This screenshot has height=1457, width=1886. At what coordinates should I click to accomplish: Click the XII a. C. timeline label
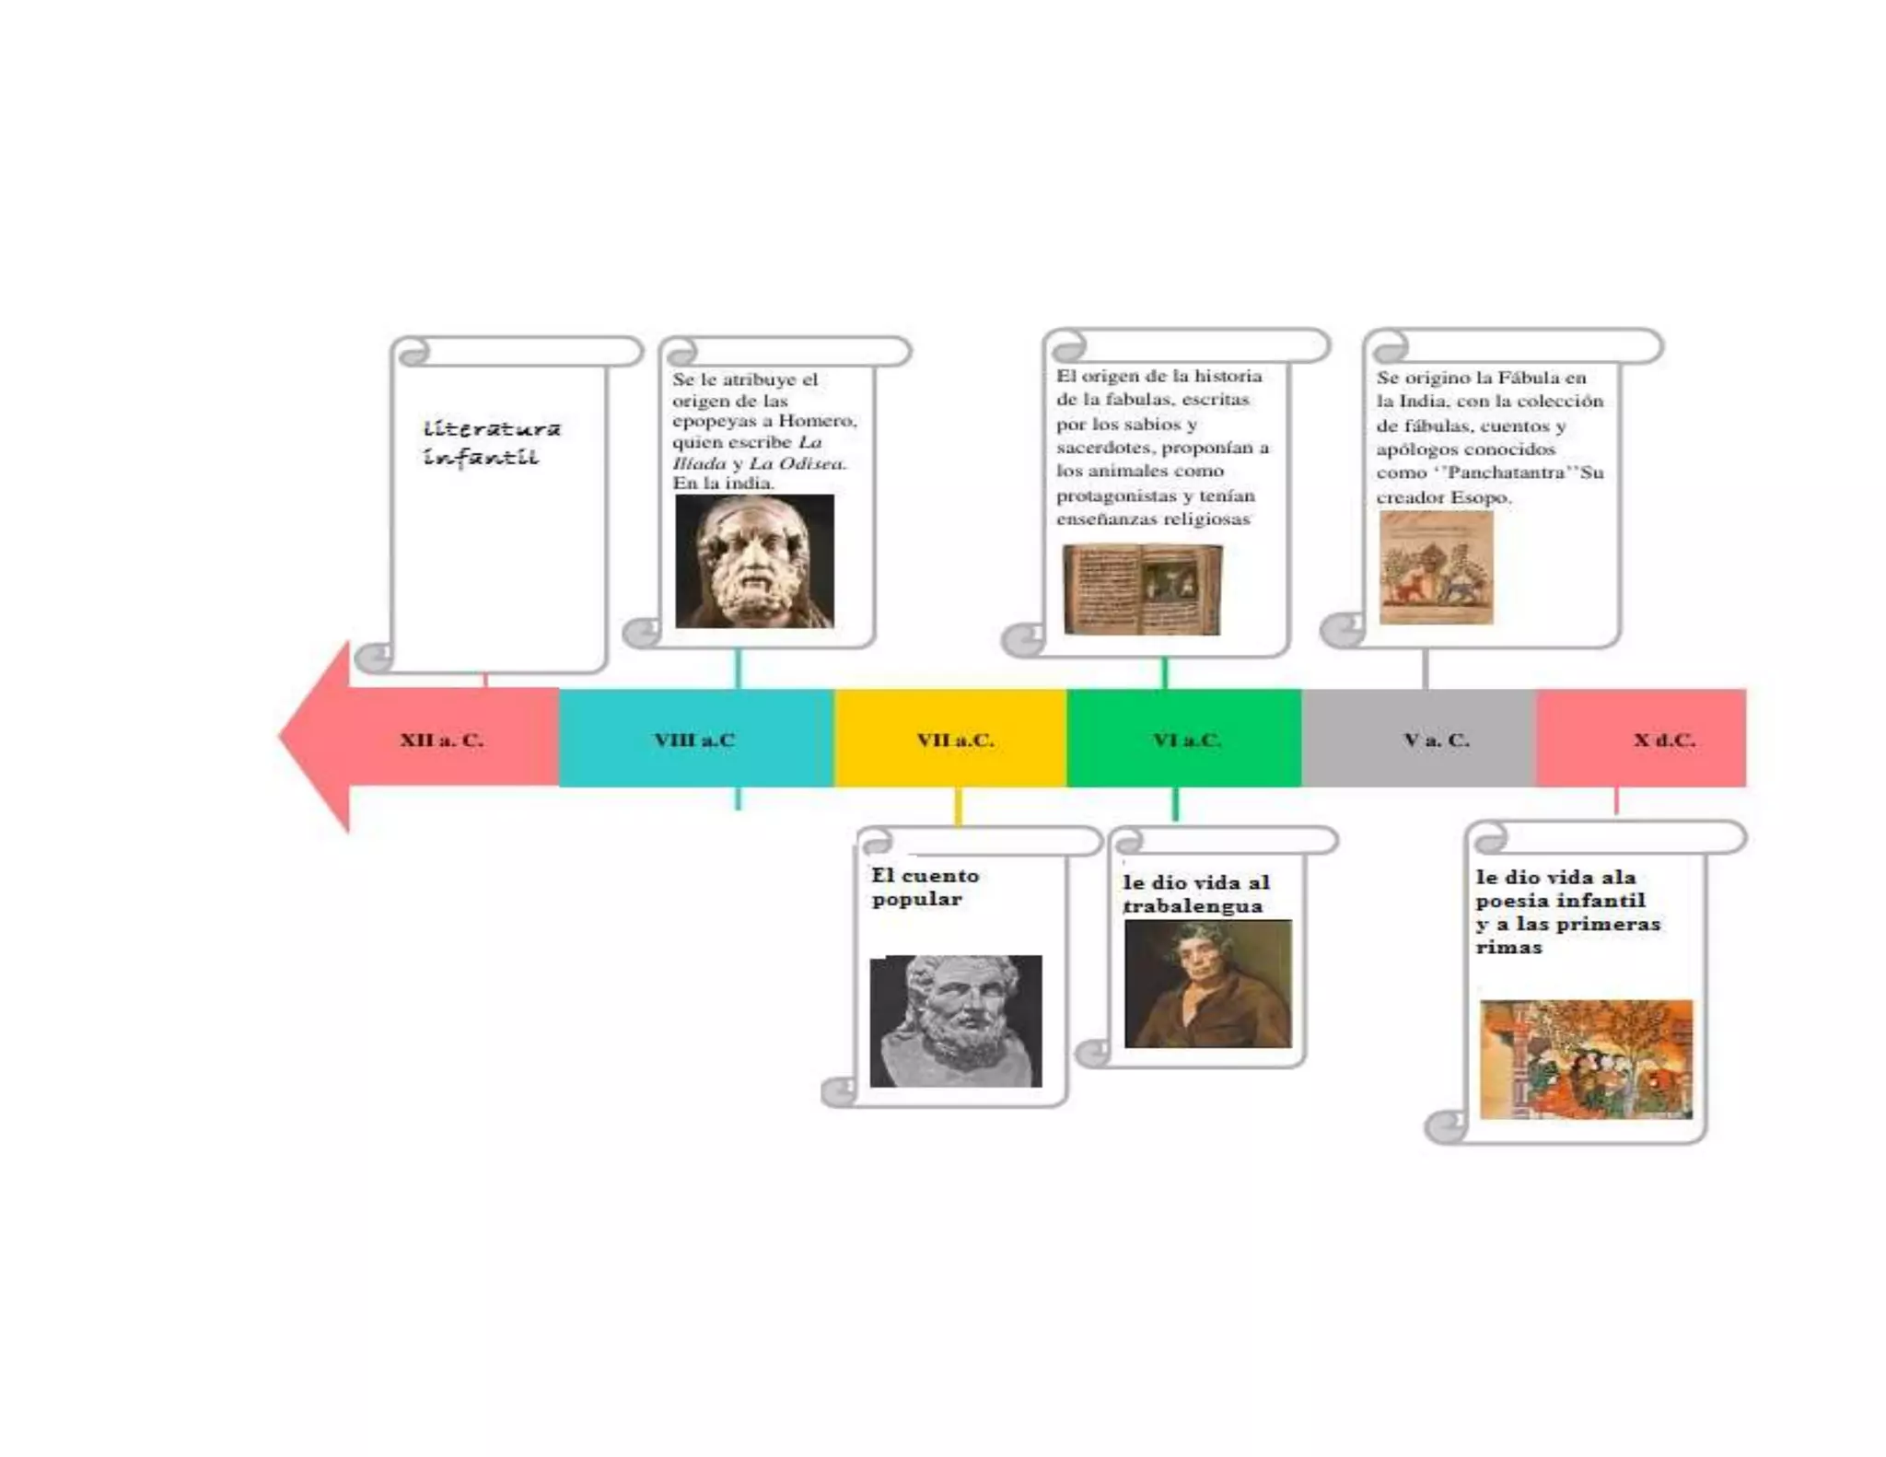tap(441, 740)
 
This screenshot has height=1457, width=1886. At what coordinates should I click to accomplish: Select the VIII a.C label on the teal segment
tap(694, 740)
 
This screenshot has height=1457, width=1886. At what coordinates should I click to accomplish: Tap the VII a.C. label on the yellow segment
tap(955, 740)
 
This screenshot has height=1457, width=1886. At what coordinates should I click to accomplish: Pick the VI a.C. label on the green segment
tap(1187, 740)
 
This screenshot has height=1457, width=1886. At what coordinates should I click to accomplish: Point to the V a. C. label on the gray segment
tap(1436, 740)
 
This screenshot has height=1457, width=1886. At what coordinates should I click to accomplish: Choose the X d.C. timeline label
tap(1664, 740)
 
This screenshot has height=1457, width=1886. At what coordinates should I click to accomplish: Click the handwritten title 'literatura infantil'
tap(491, 442)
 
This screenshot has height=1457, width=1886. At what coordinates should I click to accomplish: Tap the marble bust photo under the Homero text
tap(754, 561)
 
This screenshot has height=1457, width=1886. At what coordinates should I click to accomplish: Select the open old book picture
tap(1143, 589)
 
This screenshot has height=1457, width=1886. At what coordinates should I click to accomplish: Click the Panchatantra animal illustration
tap(1436, 567)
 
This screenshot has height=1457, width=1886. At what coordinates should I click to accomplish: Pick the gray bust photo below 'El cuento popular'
tap(956, 1020)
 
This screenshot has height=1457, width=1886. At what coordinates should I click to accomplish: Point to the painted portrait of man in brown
tap(1207, 984)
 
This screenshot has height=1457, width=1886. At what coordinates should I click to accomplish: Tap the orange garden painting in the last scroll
tap(1586, 1059)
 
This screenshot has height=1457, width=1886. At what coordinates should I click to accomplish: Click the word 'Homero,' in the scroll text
tap(818, 421)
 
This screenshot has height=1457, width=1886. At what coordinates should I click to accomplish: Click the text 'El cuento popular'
tap(925, 887)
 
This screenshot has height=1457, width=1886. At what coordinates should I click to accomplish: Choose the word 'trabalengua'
tap(1193, 906)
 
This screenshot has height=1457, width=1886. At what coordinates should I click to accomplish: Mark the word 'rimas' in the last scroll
tap(1508, 947)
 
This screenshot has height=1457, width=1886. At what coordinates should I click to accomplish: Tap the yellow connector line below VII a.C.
tap(958, 807)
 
